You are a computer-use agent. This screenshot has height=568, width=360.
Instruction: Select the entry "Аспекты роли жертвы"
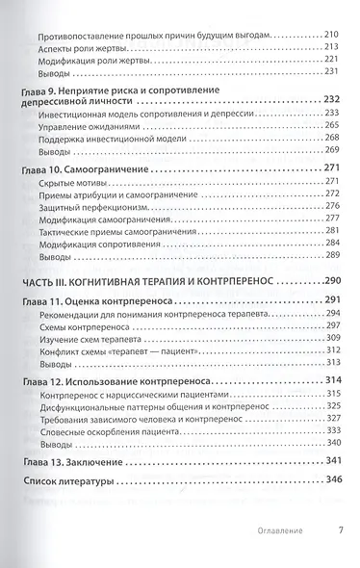[x=87, y=47]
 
